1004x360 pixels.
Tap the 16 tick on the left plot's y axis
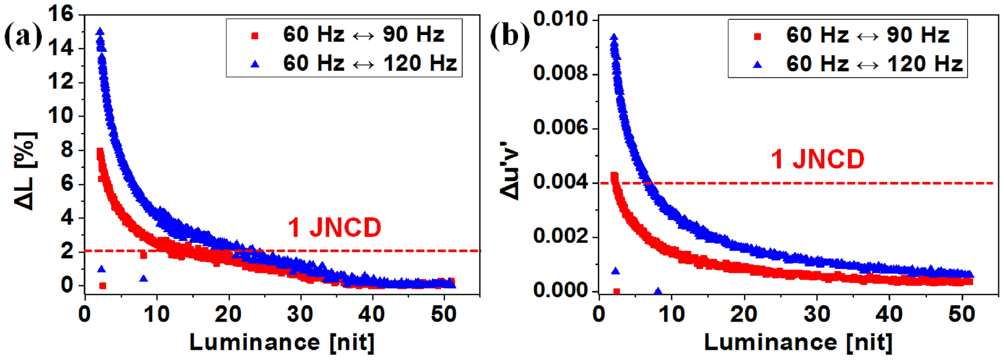point(61,14)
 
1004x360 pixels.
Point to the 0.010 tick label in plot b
point(561,19)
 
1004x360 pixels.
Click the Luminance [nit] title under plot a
point(281,342)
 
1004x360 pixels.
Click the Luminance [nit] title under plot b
point(798,342)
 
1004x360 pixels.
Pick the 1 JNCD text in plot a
point(334,228)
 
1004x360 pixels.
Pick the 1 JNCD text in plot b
point(817,159)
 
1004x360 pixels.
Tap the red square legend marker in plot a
point(255,36)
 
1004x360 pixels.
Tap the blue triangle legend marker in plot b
point(757,65)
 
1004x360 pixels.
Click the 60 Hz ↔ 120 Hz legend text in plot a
point(370,63)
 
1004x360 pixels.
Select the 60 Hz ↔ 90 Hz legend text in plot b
point(867,35)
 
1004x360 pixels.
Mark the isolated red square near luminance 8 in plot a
point(143,255)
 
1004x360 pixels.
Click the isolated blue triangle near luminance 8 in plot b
point(658,292)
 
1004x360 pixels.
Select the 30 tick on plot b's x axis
point(817,314)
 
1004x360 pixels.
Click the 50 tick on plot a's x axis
point(443,314)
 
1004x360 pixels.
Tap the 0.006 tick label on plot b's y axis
point(561,128)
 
